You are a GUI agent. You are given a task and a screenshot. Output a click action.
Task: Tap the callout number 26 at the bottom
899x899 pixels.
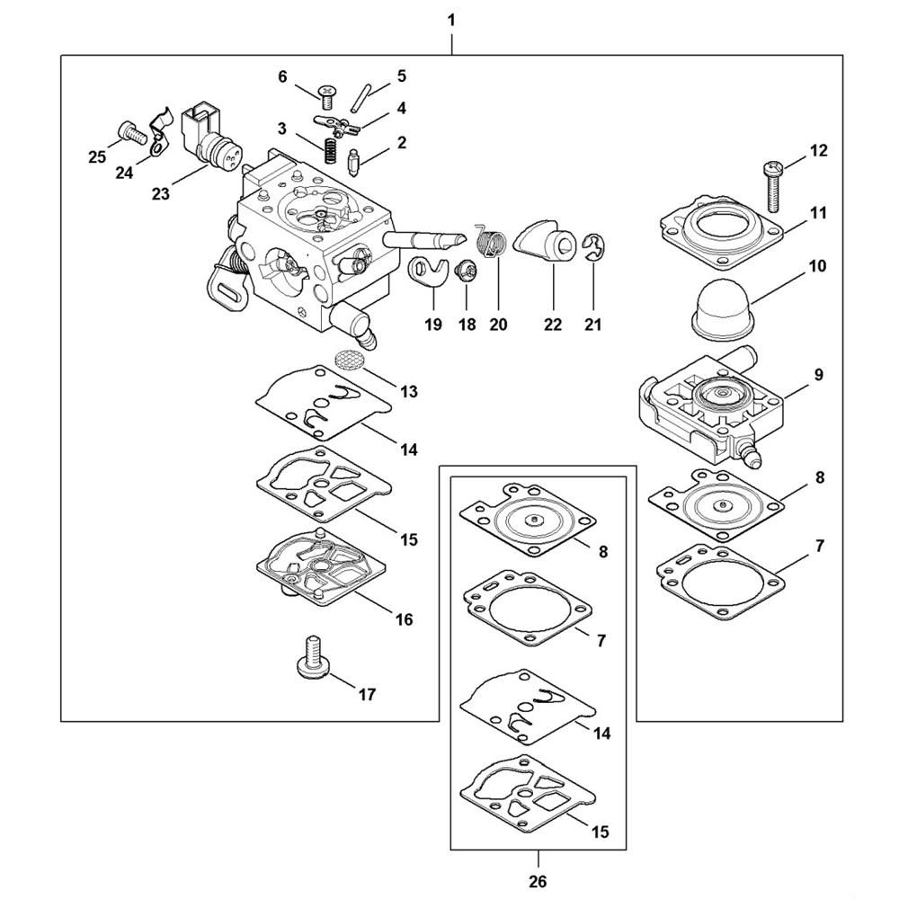point(538,882)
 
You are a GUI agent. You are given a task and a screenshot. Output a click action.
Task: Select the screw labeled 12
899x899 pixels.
point(771,183)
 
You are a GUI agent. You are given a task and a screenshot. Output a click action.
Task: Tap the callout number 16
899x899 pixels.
point(404,619)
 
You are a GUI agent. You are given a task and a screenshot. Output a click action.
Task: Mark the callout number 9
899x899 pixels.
point(818,374)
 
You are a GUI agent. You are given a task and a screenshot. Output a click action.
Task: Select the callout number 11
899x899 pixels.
point(818,213)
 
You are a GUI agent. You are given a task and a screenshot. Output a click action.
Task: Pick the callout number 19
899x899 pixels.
point(433,325)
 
